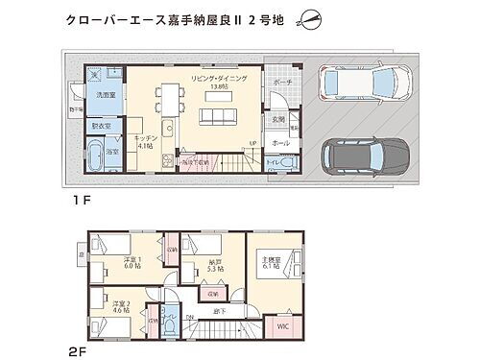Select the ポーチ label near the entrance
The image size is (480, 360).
coord(282,83)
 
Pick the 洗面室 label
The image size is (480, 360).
coord(105,96)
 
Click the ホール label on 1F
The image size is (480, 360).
coord(280,141)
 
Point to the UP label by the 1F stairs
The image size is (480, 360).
coord(252,144)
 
